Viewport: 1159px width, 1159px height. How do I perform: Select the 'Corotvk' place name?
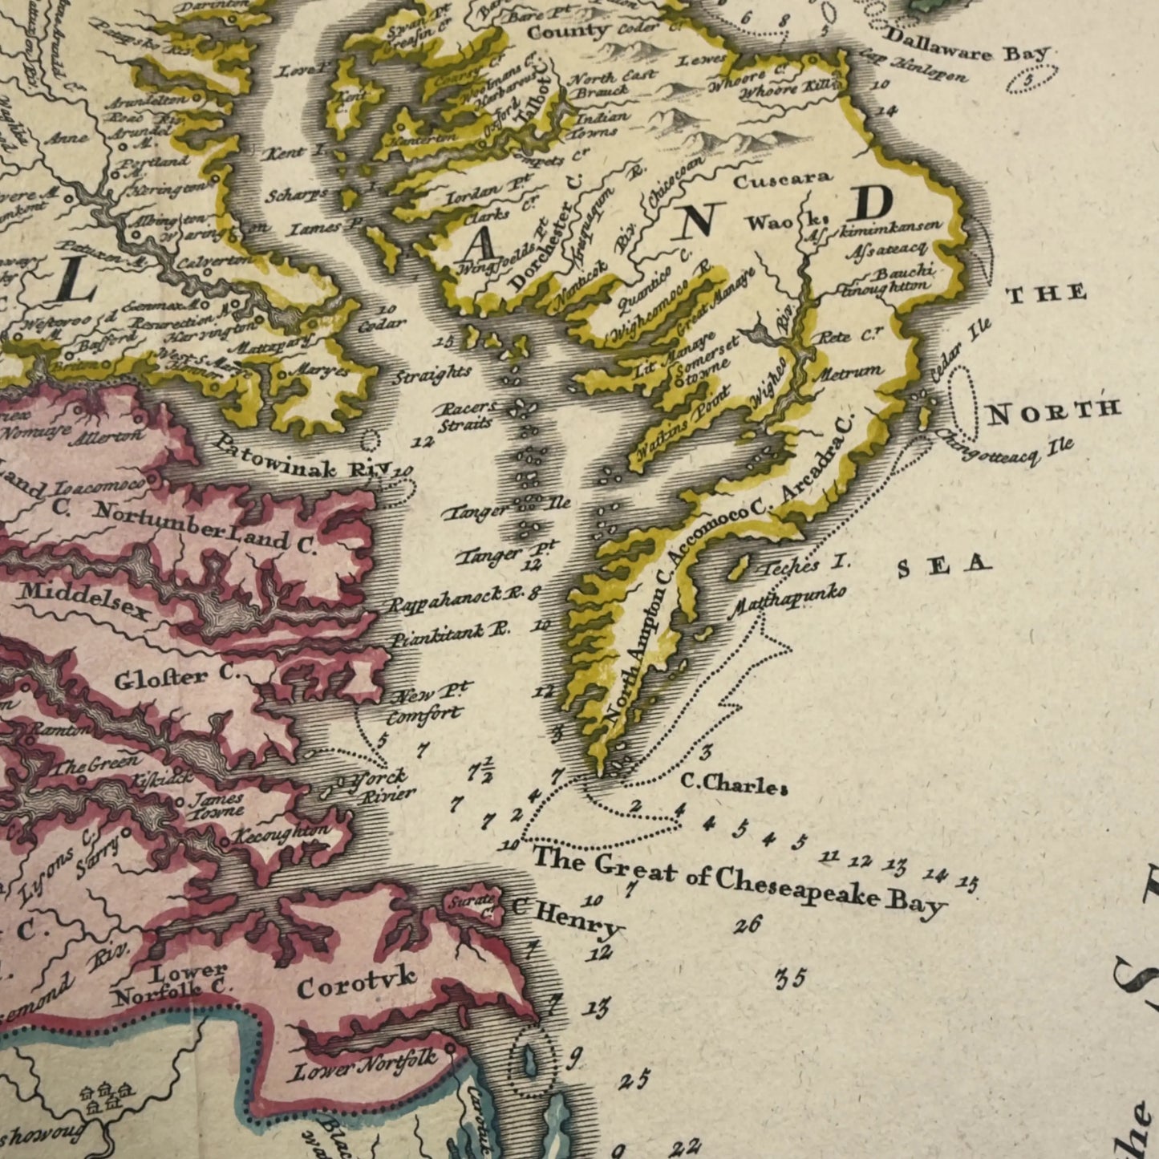pyautogui.click(x=356, y=982)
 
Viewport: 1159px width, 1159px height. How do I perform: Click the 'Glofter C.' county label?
pyautogui.click(x=176, y=678)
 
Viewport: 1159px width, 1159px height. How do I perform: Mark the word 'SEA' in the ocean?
pyautogui.click(x=943, y=566)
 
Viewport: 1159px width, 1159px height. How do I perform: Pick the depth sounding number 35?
pyautogui.click(x=790, y=979)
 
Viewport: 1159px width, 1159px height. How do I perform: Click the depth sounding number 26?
pyautogui.click(x=748, y=925)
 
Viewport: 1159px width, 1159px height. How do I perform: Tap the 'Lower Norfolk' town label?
pyautogui.click(x=365, y=1066)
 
